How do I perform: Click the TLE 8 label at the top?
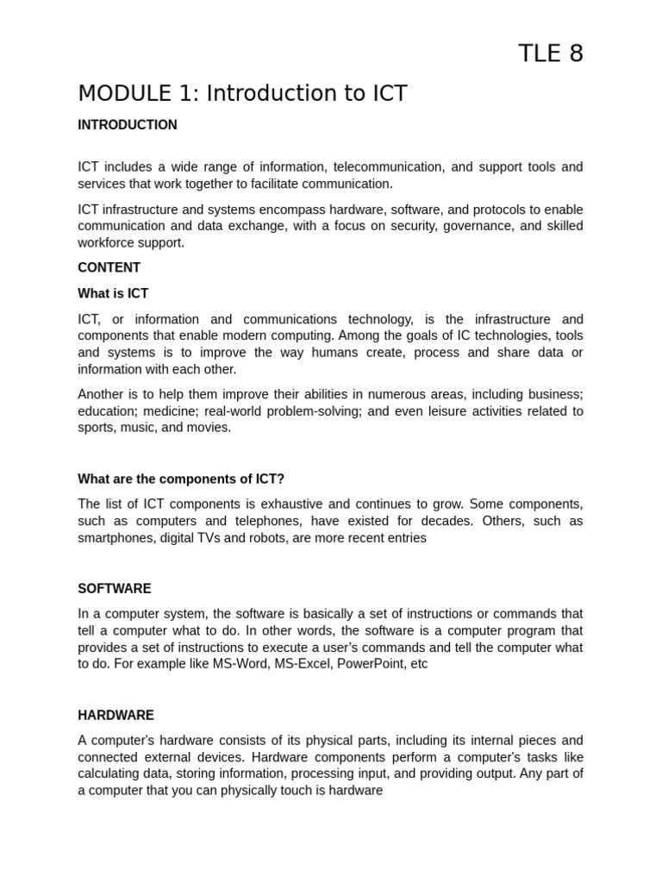point(550,53)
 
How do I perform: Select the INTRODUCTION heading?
point(128,125)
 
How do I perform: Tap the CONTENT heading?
point(109,267)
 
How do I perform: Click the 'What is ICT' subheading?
point(113,293)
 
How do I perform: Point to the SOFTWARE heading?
point(114,589)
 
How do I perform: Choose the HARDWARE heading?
point(116,716)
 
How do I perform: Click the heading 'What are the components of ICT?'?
point(181,479)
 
